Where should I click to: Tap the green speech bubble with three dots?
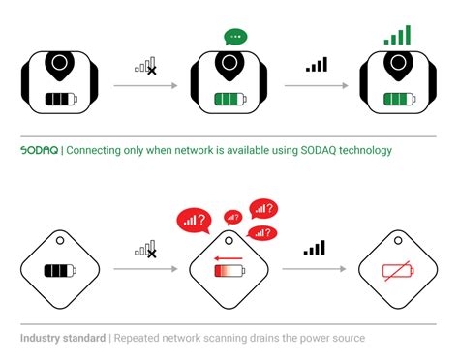click(x=235, y=37)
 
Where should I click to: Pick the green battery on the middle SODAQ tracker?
click(x=230, y=99)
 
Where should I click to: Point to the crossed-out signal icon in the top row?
click(x=146, y=66)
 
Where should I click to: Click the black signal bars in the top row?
click(x=316, y=65)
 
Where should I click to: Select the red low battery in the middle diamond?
click(x=229, y=272)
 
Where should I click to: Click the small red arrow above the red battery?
click(x=228, y=258)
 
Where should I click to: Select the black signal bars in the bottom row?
click(x=315, y=249)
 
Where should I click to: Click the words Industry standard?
click(x=62, y=338)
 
